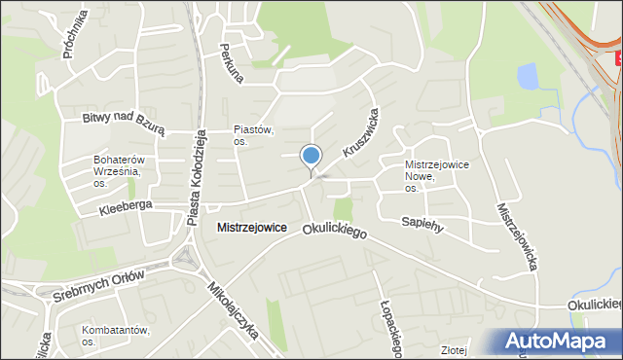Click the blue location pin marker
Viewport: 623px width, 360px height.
tap(311, 157)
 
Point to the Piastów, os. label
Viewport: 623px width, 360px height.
tap(254, 135)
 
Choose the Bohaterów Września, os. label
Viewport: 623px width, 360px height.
tap(118, 170)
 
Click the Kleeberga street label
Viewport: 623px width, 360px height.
tap(127, 208)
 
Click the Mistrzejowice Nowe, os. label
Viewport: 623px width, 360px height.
tap(437, 176)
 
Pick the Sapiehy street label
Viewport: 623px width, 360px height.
tap(422, 223)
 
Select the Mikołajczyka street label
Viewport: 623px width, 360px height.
tap(234, 310)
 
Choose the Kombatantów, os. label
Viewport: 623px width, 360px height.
tap(116, 336)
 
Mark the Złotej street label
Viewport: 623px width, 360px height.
tap(454, 350)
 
